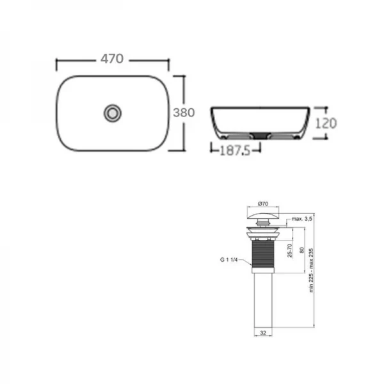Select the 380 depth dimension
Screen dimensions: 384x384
(x=184, y=112)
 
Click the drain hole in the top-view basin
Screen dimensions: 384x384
(x=113, y=113)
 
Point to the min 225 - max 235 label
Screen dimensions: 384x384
(x=312, y=268)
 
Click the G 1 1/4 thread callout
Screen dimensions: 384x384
(x=227, y=259)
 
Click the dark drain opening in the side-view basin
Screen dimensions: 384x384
(x=261, y=134)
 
